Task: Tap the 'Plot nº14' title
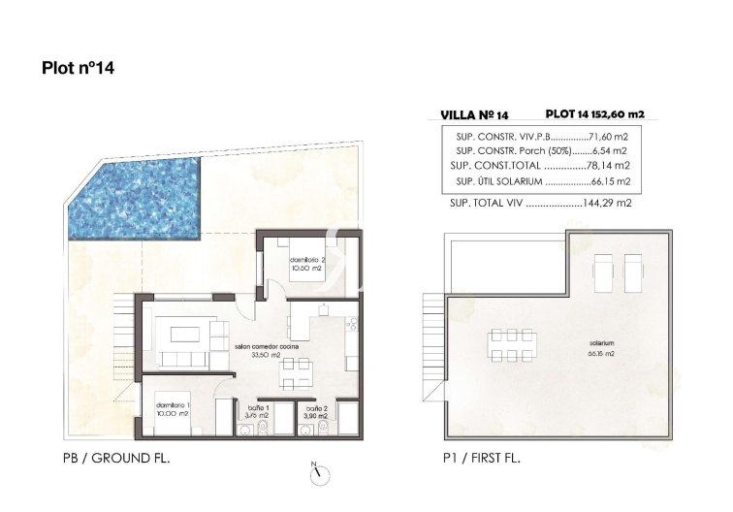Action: click(80, 69)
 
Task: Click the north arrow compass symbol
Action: click(320, 474)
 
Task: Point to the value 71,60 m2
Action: click(606, 137)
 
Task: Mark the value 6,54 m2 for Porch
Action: click(609, 151)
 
